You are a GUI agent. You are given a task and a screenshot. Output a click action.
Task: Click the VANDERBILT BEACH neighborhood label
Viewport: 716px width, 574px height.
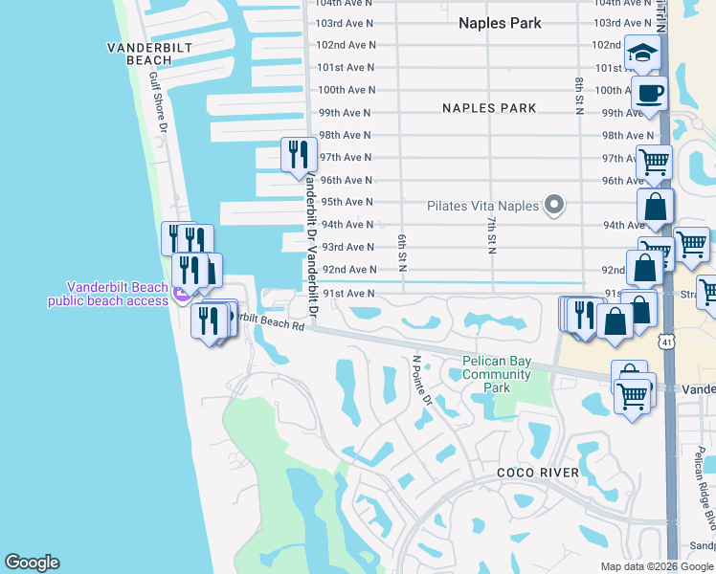[x=140, y=53]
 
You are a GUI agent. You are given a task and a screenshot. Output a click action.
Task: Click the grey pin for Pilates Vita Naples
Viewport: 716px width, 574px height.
[x=552, y=205]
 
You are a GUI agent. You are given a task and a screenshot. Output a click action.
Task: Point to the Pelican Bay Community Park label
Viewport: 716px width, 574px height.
[x=496, y=374]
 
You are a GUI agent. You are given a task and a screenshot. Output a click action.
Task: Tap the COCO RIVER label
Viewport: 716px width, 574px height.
[x=537, y=473]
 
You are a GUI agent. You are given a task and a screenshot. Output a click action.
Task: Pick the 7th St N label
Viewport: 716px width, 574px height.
[x=490, y=234]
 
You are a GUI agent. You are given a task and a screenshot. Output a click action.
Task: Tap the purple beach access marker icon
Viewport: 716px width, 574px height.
[x=179, y=298]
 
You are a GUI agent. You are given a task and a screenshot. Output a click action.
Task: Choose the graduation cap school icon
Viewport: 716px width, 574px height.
[x=643, y=54]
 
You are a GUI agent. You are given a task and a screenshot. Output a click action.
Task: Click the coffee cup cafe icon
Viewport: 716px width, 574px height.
[x=650, y=95]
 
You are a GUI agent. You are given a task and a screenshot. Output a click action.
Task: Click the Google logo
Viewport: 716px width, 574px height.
[x=32, y=563]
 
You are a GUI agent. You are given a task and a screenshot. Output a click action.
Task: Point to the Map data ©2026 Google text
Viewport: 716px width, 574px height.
[x=656, y=566]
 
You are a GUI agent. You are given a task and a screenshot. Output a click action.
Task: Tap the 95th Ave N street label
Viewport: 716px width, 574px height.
[x=347, y=202]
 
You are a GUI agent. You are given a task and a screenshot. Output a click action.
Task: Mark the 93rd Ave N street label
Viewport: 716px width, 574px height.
[x=347, y=247]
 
